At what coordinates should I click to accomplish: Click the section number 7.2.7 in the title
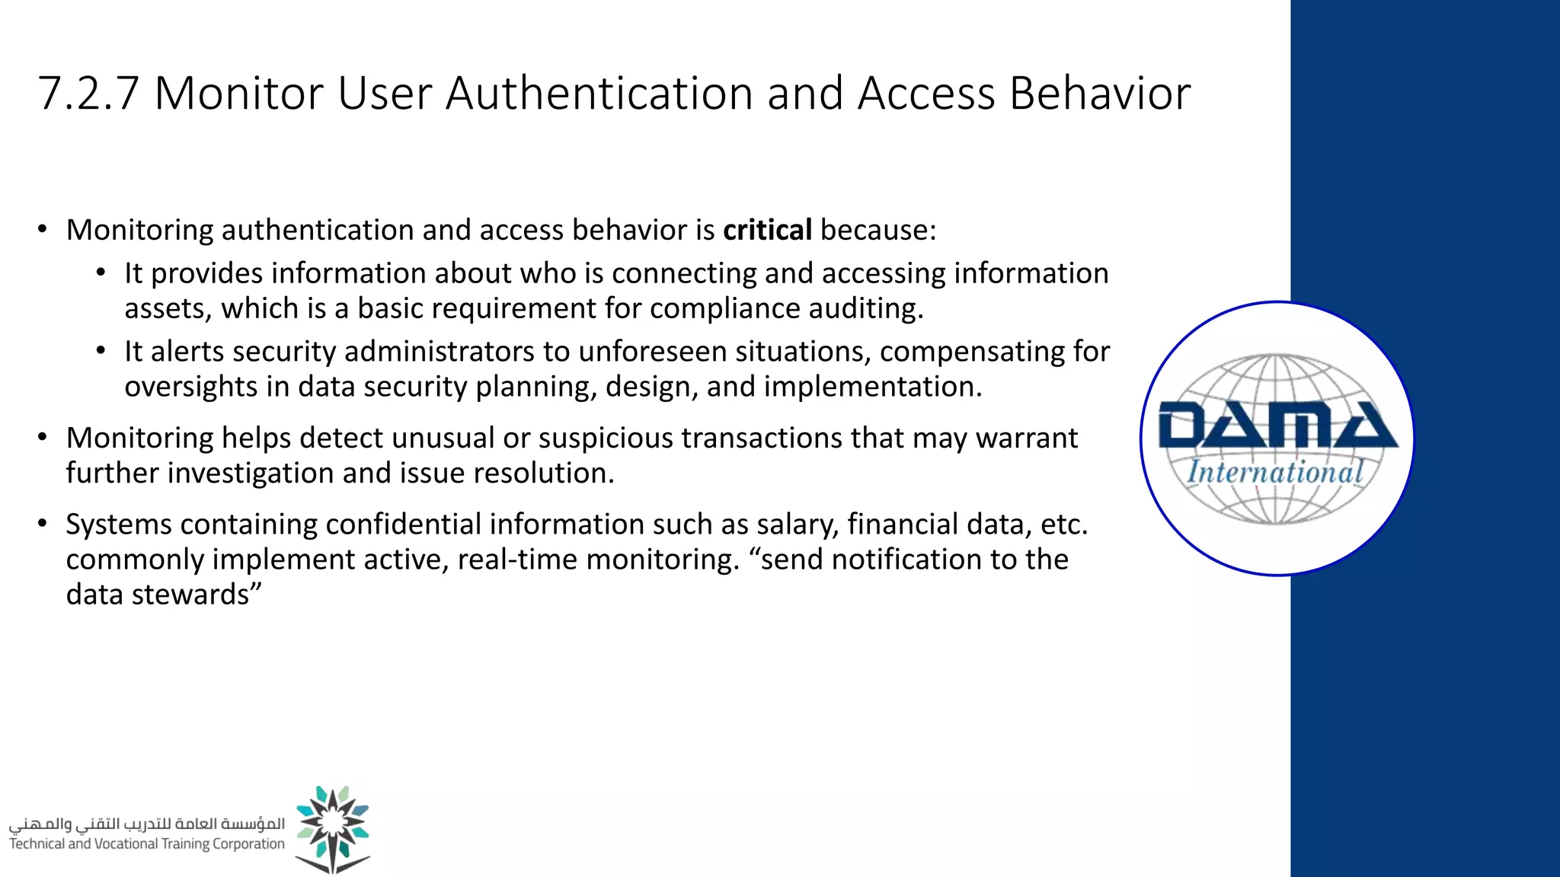click(88, 94)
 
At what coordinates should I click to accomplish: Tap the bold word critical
click(767, 230)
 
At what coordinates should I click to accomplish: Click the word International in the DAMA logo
click(1275, 472)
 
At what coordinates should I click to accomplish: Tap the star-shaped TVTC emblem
click(333, 828)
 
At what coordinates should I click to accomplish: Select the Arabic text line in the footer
click(147, 824)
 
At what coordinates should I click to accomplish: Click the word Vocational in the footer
click(126, 844)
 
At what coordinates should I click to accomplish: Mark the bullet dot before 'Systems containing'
click(43, 524)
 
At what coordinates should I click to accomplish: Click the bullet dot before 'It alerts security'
click(101, 351)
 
